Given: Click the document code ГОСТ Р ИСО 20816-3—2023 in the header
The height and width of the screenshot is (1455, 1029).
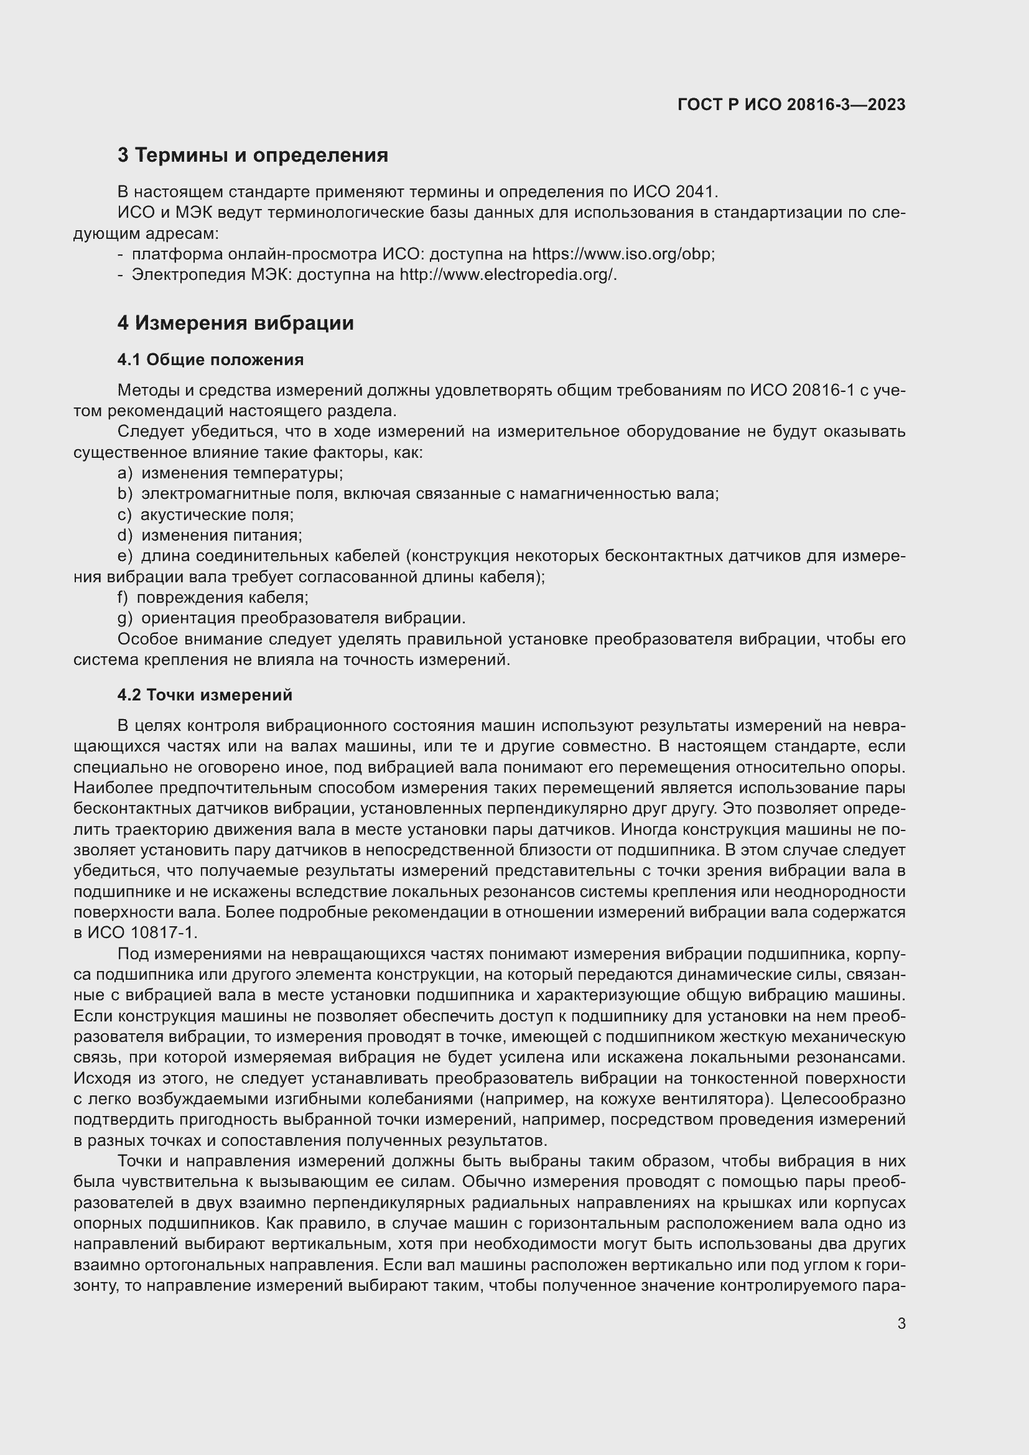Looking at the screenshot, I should coord(791,105).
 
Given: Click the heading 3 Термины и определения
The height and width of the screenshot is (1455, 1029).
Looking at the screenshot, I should coord(252,156).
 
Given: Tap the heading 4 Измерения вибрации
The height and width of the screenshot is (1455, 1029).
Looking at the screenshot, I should coord(235,323).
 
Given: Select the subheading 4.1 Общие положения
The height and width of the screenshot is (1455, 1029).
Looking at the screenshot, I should coord(210,360).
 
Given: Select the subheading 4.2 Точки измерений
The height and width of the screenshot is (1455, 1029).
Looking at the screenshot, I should coord(205,695).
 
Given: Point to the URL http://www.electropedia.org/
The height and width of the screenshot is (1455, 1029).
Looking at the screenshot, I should coord(507,275).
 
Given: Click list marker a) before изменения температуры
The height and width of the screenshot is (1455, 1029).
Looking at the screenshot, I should coord(125,473).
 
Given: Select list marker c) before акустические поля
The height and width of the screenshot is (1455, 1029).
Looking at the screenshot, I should coord(124,514).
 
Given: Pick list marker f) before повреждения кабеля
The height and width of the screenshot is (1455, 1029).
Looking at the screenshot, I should coord(123,598).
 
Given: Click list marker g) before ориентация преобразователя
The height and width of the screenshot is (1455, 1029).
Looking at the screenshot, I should coord(125,618).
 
